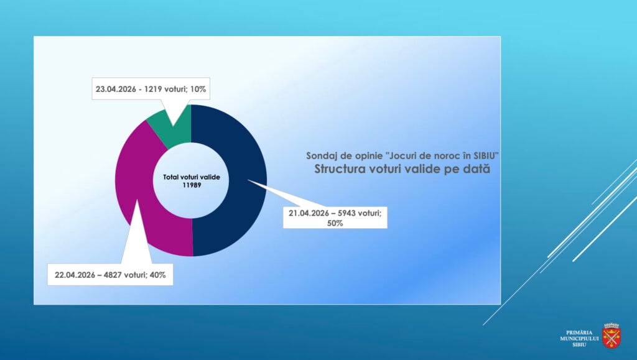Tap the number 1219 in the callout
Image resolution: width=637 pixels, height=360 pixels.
[x=154, y=89]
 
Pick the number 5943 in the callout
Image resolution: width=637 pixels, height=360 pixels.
[x=346, y=213]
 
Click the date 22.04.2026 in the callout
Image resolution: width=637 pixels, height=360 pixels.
[x=73, y=274]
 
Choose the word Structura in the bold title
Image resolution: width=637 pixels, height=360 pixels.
[x=340, y=168]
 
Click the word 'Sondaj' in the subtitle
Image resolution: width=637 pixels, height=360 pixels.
[x=320, y=155]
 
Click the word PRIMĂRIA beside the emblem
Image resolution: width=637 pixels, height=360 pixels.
[x=580, y=333]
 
